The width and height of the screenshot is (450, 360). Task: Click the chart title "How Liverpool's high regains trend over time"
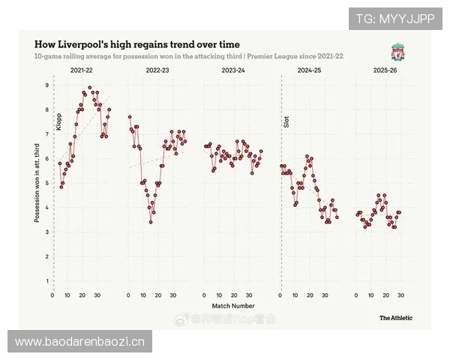[137, 44]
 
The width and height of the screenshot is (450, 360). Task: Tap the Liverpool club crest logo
[397, 52]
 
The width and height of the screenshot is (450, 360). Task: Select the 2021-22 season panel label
[82, 70]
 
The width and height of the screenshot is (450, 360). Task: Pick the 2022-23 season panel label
[157, 70]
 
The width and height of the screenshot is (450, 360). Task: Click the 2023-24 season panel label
[233, 70]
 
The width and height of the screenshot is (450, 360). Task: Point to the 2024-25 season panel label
[309, 70]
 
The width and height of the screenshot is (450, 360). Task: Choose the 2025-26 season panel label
[384, 70]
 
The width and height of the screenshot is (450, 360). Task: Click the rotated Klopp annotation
[58, 121]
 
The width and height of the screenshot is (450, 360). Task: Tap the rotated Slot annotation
[286, 121]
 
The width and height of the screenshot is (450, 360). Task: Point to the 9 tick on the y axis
[46, 85]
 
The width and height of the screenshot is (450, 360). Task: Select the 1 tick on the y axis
[46, 281]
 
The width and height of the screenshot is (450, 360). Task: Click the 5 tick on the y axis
[46, 183]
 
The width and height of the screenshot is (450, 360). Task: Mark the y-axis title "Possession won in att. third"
[36, 184]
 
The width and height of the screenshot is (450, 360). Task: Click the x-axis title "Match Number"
[232, 306]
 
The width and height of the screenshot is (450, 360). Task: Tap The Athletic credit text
[395, 318]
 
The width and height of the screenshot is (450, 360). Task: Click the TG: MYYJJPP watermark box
[395, 18]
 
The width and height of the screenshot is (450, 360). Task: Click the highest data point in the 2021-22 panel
[90, 88]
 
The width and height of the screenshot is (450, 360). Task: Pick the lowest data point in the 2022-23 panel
[151, 222]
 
